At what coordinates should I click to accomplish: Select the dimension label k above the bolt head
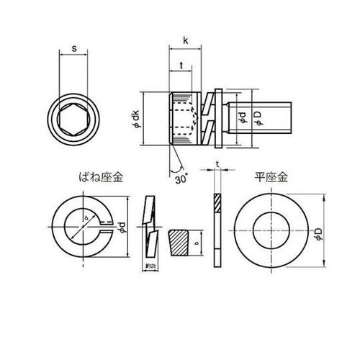point(186,40)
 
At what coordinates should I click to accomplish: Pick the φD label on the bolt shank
point(258,118)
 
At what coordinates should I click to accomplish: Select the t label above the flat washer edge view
point(217,165)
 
